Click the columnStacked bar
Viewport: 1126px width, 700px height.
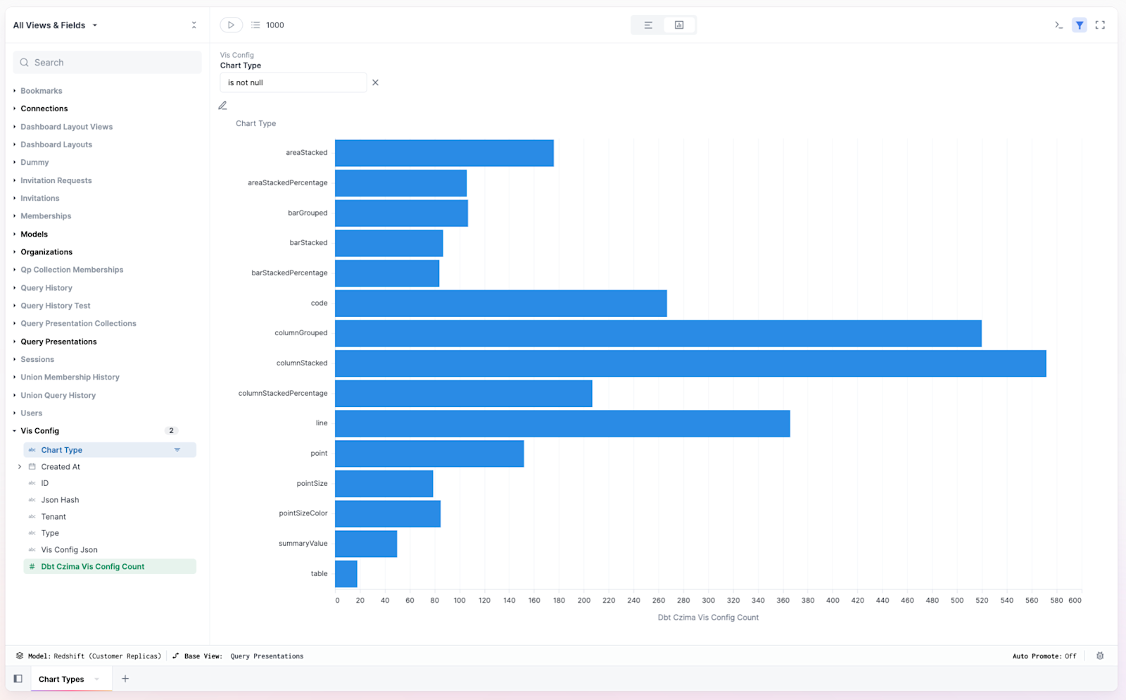(x=690, y=363)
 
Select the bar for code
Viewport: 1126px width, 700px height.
(x=500, y=304)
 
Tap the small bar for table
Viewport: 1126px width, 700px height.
(x=346, y=574)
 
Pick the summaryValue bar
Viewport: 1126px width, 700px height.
(x=366, y=544)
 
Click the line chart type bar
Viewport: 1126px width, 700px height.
(x=562, y=423)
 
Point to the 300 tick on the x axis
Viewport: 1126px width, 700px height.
(x=708, y=601)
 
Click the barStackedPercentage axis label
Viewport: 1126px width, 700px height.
(x=289, y=273)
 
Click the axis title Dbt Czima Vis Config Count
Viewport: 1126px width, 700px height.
(x=708, y=618)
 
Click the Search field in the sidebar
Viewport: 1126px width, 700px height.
(x=107, y=63)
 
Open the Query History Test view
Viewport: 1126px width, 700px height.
(x=56, y=306)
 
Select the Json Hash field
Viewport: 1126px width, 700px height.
(x=60, y=500)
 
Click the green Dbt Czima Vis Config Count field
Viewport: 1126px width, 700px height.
(x=92, y=566)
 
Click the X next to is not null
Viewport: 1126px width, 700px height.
(x=375, y=82)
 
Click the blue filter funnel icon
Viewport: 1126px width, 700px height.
(x=1079, y=25)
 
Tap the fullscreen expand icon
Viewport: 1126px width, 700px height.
(x=1100, y=25)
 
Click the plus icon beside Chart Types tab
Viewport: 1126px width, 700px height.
(x=125, y=679)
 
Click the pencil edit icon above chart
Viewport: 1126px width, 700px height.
(x=222, y=106)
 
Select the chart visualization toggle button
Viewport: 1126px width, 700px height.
(x=679, y=25)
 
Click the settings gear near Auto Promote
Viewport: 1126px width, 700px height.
(x=1100, y=656)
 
